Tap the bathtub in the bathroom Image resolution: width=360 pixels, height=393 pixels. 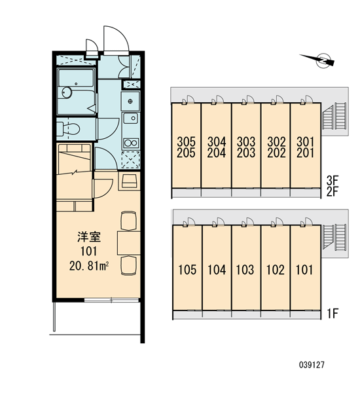(x=76, y=78)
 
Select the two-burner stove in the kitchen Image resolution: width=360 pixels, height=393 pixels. (x=131, y=143)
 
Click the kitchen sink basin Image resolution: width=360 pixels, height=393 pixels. (x=130, y=118)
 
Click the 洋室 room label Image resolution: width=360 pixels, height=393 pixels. (x=89, y=237)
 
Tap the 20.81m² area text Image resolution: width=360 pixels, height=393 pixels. (x=89, y=267)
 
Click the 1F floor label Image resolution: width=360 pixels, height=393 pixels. (x=333, y=313)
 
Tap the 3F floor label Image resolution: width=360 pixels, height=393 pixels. (x=333, y=179)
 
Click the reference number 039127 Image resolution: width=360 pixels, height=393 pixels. (x=312, y=365)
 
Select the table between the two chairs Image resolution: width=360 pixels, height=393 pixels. (x=129, y=243)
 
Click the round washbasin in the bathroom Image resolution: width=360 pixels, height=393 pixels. (x=67, y=92)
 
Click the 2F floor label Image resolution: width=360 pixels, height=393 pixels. (x=333, y=192)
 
